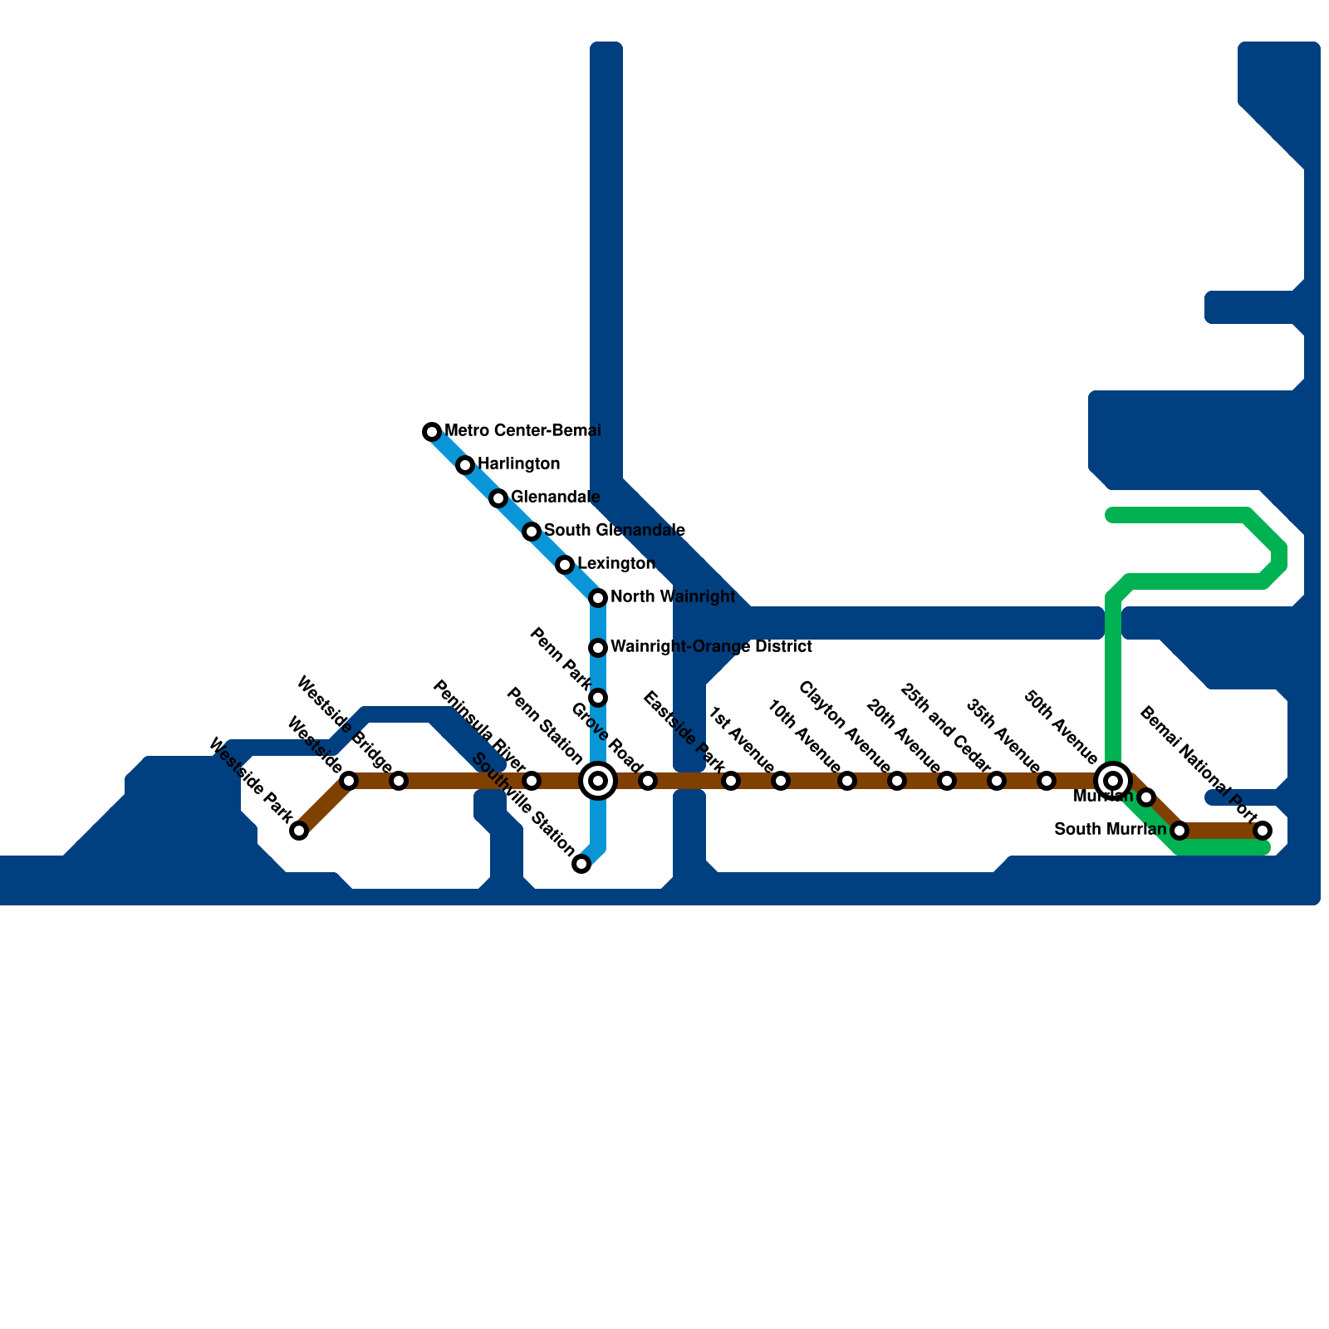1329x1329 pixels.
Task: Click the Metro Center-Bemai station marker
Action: pos(432,432)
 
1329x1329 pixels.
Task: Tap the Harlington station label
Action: pos(518,463)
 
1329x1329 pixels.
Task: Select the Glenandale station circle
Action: pos(498,498)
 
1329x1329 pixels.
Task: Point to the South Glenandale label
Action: pos(614,530)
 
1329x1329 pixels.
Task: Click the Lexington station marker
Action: pos(565,565)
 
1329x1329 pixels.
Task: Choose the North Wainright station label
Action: pos(672,596)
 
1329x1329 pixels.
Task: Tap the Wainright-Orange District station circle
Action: pos(598,648)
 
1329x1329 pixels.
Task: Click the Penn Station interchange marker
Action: pos(598,781)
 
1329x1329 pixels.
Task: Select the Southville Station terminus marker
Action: pos(581,864)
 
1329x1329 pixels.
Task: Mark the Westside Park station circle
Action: pos(299,831)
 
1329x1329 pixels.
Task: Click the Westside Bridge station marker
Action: pos(399,781)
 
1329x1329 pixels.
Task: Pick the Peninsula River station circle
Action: pos(532,781)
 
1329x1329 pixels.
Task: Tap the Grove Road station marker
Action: pos(648,781)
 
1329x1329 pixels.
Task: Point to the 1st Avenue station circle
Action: pos(781,781)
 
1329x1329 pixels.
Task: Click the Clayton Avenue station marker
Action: pos(897,781)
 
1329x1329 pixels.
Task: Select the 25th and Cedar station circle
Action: pos(997,781)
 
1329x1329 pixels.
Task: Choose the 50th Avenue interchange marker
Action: pos(1113,781)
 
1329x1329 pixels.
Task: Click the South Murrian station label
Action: pos(1110,829)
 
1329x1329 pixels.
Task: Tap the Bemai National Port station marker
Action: pos(1263,831)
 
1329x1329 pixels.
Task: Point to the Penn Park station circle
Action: pos(598,698)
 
